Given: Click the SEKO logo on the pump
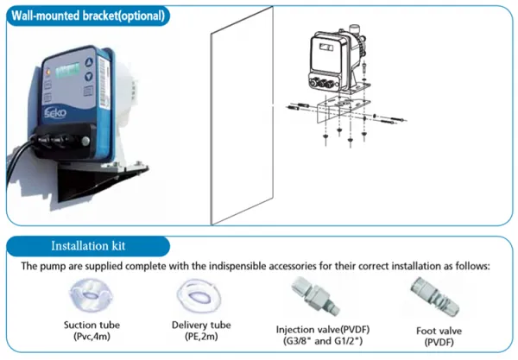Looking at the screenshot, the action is (x=55, y=113).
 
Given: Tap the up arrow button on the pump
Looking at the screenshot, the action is (x=89, y=62).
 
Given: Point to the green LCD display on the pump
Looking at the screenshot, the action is (x=67, y=70).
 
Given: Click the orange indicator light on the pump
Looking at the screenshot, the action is (x=48, y=71).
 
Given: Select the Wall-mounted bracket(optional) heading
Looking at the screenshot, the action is (x=88, y=16).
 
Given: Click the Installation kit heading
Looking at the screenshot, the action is (x=88, y=246).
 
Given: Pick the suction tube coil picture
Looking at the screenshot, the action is (x=90, y=295).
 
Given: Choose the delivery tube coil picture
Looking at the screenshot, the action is (x=199, y=295).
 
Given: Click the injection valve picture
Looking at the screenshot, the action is (x=315, y=295).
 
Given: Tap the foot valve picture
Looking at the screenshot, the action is (x=435, y=297).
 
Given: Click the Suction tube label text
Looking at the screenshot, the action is (x=92, y=325).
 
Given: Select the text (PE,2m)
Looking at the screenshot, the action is (x=201, y=337).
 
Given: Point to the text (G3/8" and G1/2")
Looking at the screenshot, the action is (x=323, y=341).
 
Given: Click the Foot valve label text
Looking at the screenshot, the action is (x=439, y=331).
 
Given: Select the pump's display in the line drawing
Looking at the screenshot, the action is (x=326, y=47).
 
